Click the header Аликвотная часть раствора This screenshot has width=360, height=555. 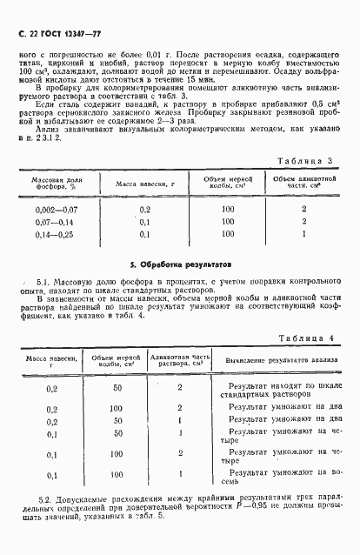click(x=179, y=358)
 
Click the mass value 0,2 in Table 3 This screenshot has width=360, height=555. click(x=145, y=209)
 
